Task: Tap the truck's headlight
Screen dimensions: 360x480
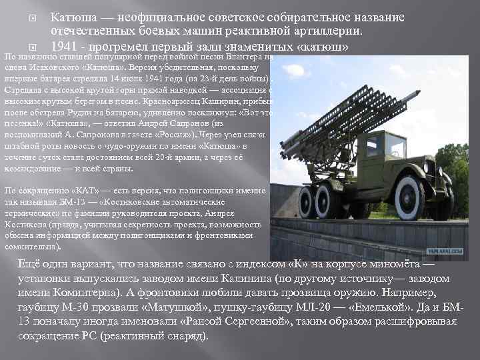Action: click(427, 164)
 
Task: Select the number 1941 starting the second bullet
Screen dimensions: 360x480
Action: click(65, 47)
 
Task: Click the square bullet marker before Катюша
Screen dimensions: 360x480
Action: click(25, 17)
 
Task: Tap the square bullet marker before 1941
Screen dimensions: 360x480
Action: click(25, 47)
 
